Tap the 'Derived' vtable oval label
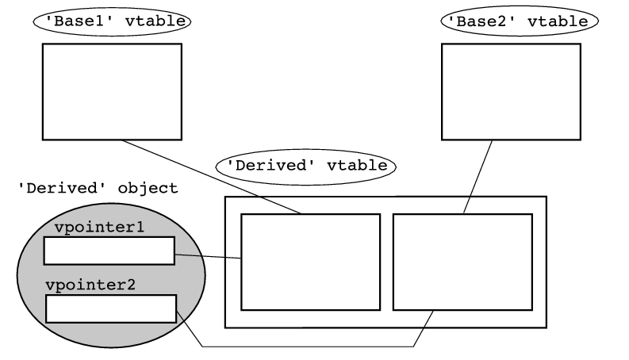click(306, 166)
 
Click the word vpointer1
click(99, 228)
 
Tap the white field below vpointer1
click(109, 251)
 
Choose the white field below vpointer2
click(110, 308)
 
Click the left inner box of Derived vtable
click(310, 262)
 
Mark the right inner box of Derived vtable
click(462, 262)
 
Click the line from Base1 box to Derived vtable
click(210, 177)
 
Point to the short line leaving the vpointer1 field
click(208, 256)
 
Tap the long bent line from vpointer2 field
click(309, 347)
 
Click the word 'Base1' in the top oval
click(82, 21)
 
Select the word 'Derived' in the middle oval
click(263, 166)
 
